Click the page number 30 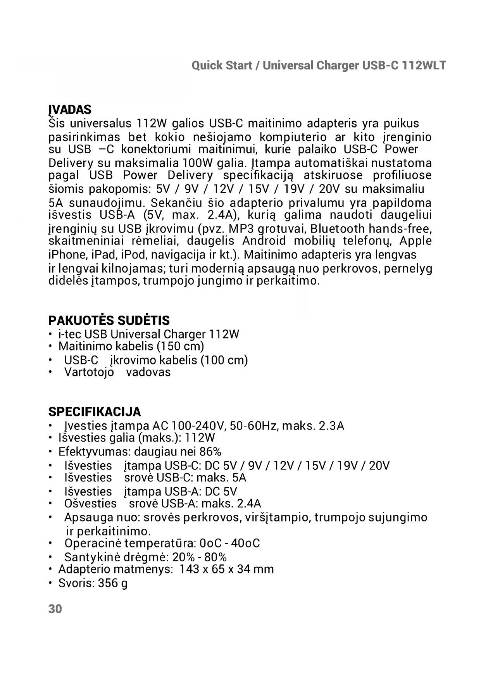(x=55, y=609)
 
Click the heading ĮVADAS (x=70, y=110)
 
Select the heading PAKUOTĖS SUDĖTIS (x=109, y=321)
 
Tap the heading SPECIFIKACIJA (x=94, y=412)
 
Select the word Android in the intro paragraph (x=264, y=241)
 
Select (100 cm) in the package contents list (x=224, y=360)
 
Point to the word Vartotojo (x=89, y=372)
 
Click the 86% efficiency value (x=210, y=452)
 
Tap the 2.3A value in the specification (x=331, y=426)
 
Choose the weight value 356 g (x=113, y=583)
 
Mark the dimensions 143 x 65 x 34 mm (x=227, y=569)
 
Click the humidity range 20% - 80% (x=199, y=557)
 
